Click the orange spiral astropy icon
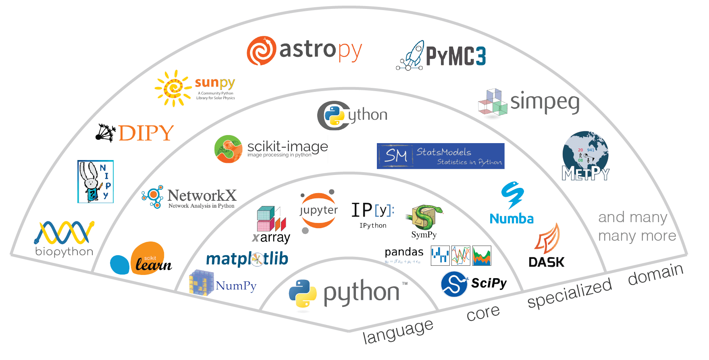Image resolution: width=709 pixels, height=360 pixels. click(261, 51)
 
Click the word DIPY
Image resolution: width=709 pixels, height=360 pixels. click(146, 133)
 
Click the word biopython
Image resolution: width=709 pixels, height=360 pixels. click(64, 252)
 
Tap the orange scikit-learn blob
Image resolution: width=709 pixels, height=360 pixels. click(148, 258)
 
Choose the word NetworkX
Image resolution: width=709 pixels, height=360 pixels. click(202, 196)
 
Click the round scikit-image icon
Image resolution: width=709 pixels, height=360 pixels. click(228, 149)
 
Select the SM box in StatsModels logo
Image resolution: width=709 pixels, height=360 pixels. click(395, 156)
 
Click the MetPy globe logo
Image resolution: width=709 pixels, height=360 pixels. click(585, 156)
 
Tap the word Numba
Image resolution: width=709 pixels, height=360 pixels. click(511, 219)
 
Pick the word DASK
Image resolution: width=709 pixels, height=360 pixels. click(546, 262)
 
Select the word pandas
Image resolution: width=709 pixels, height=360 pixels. click(404, 252)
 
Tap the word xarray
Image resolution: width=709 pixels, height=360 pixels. click(271, 238)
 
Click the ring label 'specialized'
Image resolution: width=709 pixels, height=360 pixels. click(569, 293)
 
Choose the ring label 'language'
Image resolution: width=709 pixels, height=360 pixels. click(397, 331)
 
